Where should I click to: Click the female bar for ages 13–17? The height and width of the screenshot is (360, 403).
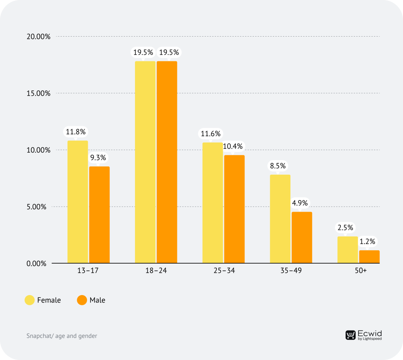pyautogui.click(x=78, y=202)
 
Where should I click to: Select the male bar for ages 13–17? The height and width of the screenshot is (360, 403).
pyautogui.click(x=99, y=215)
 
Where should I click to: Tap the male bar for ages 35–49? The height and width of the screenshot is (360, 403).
pyautogui.click(x=301, y=238)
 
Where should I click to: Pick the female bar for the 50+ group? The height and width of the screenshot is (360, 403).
pyautogui.click(x=348, y=250)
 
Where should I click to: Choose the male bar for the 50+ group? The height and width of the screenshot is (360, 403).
pyautogui.click(x=369, y=257)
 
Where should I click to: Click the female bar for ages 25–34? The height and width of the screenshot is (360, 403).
pyautogui.click(x=213, y=203)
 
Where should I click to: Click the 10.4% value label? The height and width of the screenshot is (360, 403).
pyautogui.click(x=233, y=146)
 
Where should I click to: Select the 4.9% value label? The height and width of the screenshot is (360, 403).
pyautogui.click(x=300, y=203)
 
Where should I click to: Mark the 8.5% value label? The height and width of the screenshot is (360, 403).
pyautogui.click(x=278, y=166)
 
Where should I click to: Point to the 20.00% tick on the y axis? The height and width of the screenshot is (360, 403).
pyautogui.click(x=39, y=37)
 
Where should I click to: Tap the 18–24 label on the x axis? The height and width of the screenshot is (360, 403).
pyautogui.click(x=156, y=272)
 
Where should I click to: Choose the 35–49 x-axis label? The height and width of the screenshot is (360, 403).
pyautogui.click(x=291, y=272)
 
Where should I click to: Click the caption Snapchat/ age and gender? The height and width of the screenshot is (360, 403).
pyautogui.click(x=62, y=336)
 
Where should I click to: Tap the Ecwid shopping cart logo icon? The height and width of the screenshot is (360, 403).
pyautogui.click(x=350, y=335)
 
